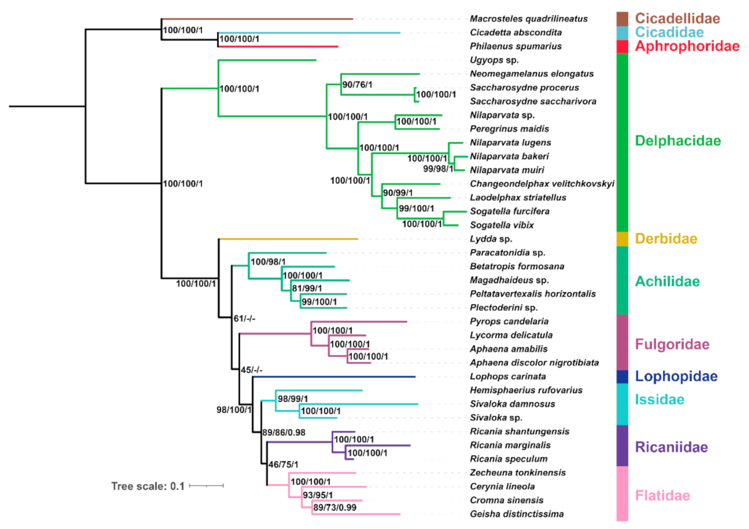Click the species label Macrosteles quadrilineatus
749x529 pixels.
click(x=528, y=19)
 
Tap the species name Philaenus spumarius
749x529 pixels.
click(x=515, y=46)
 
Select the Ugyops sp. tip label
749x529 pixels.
click(x=494, y=60)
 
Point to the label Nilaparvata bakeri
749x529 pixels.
click(x=509, y=156)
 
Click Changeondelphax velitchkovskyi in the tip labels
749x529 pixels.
click(x=542, y=184)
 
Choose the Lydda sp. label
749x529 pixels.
click(x=491, y=239)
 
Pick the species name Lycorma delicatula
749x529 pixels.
click(x=511, y=335)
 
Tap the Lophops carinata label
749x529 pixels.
click(x=507, y=377)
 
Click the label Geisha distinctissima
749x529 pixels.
click(x=516, y=514)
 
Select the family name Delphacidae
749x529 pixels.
click(x=678, y=141)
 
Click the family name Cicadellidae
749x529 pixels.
click(x=677, y=18)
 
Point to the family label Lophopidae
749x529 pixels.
click(x=676, y=376)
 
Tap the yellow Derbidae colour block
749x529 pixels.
click(x=622, y=239)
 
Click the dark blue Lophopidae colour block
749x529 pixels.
click(x=622, y=377)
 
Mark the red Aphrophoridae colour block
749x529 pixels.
click(x=622, y=46)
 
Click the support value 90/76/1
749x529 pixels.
click(x=357, y=85)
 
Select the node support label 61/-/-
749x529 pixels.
click(x=244, y=318)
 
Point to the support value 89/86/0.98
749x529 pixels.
click(x=284, y=432)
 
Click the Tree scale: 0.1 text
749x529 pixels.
click(x=148, y=486)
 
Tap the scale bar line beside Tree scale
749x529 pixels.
click(x=206, y=485)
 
